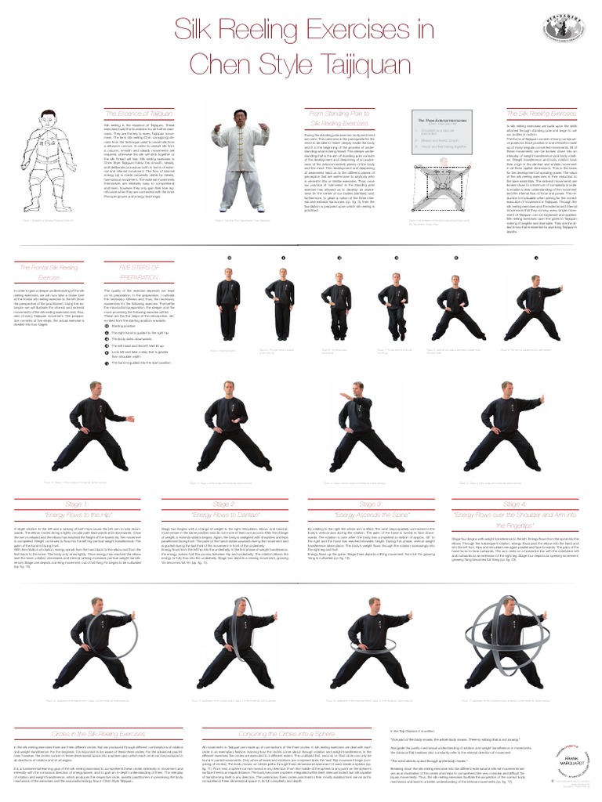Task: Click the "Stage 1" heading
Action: point(79,504)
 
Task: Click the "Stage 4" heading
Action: point(515,504)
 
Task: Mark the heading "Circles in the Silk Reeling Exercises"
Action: point(99,734)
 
